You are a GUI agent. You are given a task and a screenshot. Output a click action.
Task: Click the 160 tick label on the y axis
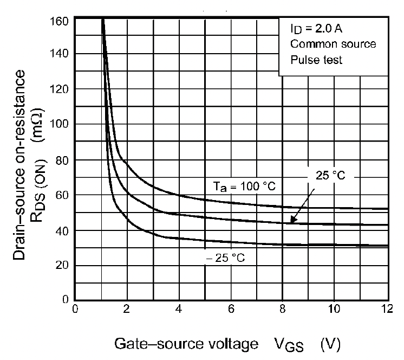[x=59, y=22]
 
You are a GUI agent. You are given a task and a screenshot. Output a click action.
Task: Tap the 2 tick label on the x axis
[x=127, y=310]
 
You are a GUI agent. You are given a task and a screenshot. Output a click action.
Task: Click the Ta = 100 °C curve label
[x=244, y=187]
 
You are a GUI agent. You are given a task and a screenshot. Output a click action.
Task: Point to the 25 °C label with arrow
[x=330, y=175]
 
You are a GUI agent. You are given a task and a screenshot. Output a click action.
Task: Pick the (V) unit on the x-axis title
[x=329, y=343]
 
